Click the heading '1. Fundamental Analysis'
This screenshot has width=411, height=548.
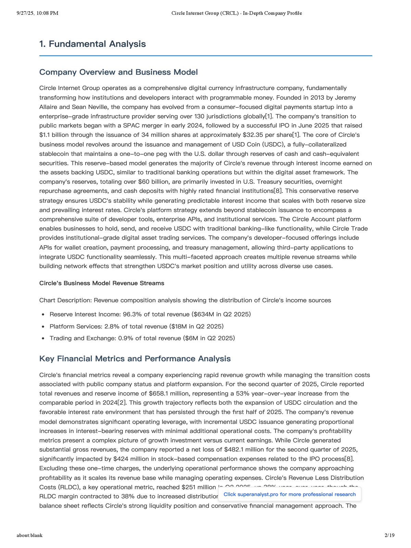[x=92, y=44]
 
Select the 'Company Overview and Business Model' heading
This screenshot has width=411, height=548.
[x=119, y=72]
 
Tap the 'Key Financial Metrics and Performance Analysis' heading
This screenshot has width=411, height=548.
[x=135, y=359]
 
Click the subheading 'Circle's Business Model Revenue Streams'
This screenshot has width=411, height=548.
[x=102, y=283]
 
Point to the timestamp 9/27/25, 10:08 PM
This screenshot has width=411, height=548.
[x=37, y=13]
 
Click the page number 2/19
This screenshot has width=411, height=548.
[x=389, y=535]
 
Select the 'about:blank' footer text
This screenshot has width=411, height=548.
[x=29, y=535]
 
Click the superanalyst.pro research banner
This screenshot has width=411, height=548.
[x=289, y=494]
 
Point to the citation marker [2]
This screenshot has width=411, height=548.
[x=122, y=403]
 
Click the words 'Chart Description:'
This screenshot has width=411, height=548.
[x=65, y=300]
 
